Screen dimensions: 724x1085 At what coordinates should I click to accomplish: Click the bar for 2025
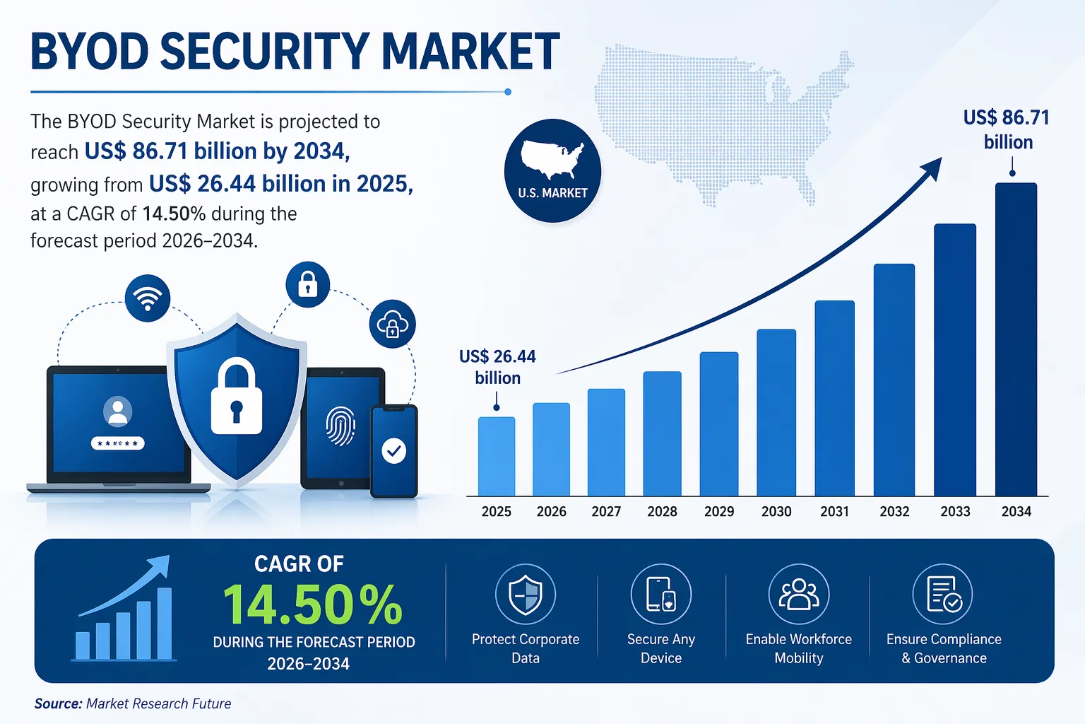pyautogui.click(x=497, y=457)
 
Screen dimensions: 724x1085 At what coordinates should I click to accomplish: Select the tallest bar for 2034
pyautogui.click(x=1016, y=339)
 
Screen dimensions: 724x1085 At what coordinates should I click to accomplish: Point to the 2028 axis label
pyautogui.click(x=662, y=511)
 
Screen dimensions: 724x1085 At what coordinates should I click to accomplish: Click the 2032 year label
pyautogui.click(x=894, y=511)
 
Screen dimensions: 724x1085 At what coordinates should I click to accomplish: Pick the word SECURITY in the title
pyautogui.click(x=265, y=52)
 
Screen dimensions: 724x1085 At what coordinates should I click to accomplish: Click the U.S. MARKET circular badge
pyautogui.click(x=552, y=170)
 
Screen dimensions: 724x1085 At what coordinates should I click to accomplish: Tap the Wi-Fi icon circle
pyautogui.click(x=148, y=298)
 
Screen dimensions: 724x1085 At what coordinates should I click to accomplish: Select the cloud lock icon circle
pyautogui.click(x=392, y=325)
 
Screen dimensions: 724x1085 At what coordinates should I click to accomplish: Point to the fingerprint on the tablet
pyautogui.click(x=340, y=426)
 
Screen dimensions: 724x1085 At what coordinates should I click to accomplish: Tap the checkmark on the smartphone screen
pyautogui.click(x=393, y=450)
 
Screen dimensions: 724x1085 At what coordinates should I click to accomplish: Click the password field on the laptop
pyautogui.click(x=118, y=443)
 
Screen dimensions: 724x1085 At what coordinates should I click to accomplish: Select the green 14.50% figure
pyautogui.click(x=312, y=605)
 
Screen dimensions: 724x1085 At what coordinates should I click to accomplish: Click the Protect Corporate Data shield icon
pyautogui.click(x=526, y=594)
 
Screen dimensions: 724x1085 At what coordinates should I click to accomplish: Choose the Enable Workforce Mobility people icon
pyautogui.click(x=799, y=594)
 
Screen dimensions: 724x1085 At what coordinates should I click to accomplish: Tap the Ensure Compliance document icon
pyautogui.click(x=943, y=594)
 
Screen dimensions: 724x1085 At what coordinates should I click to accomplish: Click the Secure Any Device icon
pyautogui.click(x=661, y=594)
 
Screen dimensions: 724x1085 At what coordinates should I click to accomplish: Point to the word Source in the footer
pyautogui.click(x=58, y=703)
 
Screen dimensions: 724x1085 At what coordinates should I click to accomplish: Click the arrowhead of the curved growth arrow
pyautogui.click(x=933, y=167)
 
